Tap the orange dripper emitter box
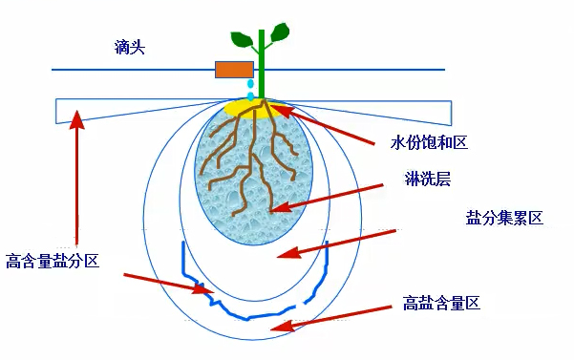click(x=234, y=69)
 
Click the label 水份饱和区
click(x=428, y=143)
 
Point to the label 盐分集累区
click(x=503, y=219)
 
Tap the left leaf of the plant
click(x=242, y=39)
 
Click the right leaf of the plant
click(x=279, y=34)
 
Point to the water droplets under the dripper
click(x=250, y=91)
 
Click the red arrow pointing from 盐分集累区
click(x=334, y=244)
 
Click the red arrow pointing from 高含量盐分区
click(x=162, y=283)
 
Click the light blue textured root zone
click(x=220, y=191)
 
